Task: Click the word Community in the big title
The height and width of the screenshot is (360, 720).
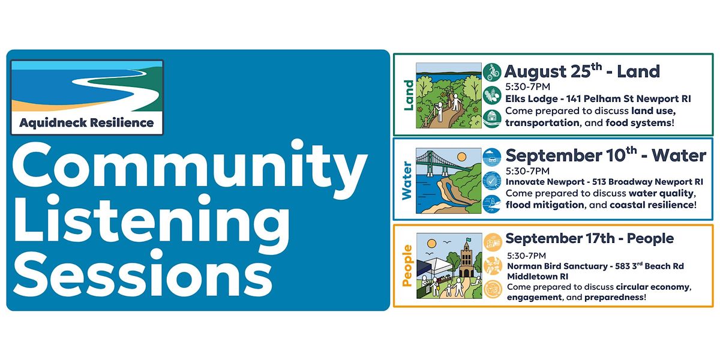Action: [190, 169]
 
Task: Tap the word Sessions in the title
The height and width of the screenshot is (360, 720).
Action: [143, 272]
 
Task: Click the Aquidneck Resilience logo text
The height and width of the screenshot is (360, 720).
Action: [86, 123]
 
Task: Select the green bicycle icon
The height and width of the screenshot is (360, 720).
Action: [492, 72]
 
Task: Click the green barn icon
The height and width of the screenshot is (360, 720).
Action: [492, 119]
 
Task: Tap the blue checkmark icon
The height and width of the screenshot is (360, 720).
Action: [492, 181]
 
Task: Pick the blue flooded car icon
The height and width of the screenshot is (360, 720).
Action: [492, 157]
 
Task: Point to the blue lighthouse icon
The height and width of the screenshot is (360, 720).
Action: [492, 204]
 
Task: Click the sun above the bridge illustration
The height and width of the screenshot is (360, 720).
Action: [461, 157]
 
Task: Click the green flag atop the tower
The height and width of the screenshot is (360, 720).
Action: [468, 239]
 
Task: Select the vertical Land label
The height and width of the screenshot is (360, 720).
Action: [408, 95]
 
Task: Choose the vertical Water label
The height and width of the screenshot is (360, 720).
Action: [407, 181]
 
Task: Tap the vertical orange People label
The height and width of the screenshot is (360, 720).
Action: [407, 265]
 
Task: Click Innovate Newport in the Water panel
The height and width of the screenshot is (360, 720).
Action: [545, 182]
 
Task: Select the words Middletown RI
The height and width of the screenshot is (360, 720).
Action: [538, 277]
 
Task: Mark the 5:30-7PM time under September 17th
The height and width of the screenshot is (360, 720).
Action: [527, 256]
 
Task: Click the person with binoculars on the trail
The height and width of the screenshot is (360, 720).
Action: [439, 111]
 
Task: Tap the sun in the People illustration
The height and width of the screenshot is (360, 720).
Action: [431, 244]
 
